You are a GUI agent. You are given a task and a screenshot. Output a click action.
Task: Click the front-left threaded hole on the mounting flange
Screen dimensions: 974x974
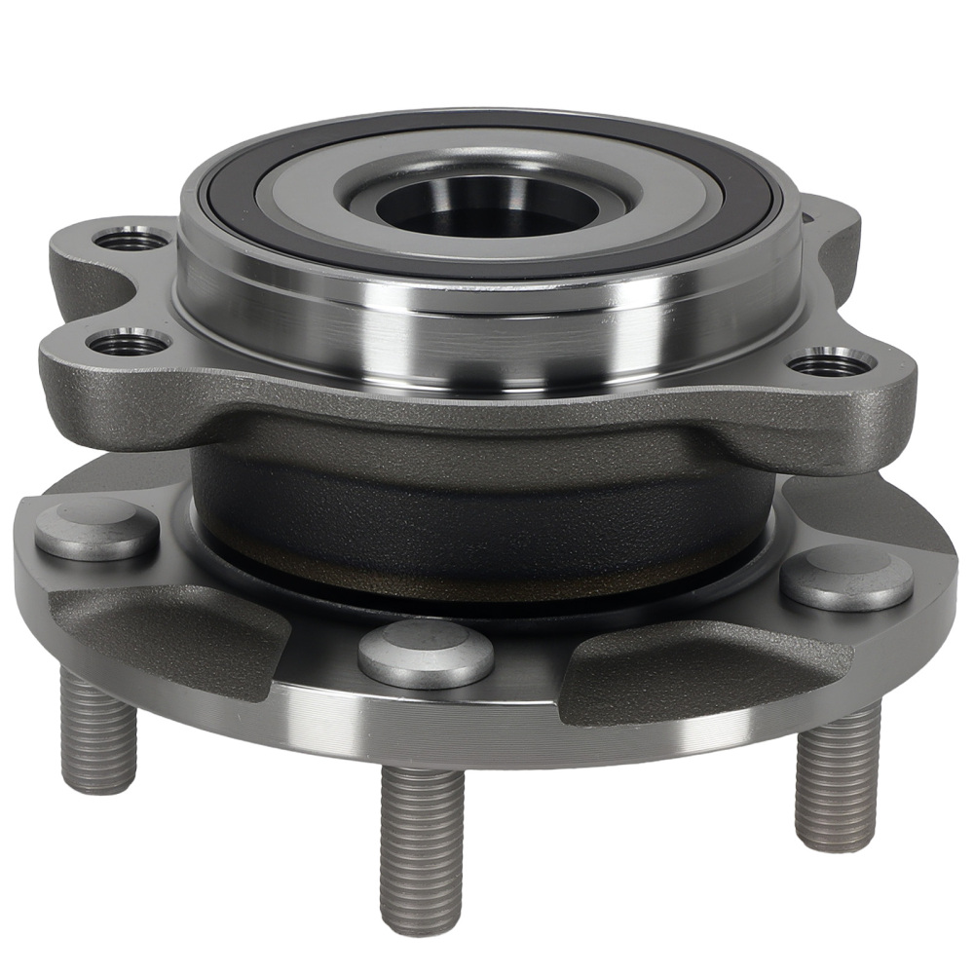[128, 342]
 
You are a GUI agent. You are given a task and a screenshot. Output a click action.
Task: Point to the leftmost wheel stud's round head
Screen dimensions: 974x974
[96, 529]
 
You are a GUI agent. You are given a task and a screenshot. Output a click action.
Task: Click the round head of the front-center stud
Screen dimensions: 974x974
[426, 653]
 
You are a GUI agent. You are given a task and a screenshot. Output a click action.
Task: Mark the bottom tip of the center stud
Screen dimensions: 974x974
[421, 920]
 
